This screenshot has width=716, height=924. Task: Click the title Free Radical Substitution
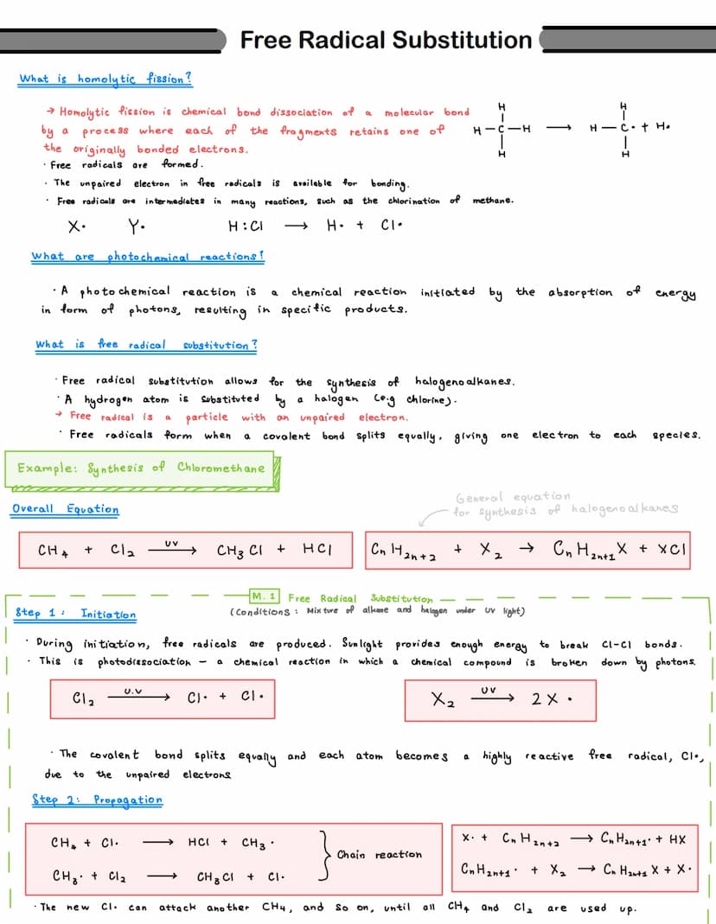tap(386, 40)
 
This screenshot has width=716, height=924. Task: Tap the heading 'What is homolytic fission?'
tap(105, 79)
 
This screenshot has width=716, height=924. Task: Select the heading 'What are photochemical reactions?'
tap(147, 257)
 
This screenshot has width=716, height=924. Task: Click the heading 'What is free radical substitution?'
tap(146, 345)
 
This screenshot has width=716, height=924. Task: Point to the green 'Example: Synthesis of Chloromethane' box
tap(142, 468)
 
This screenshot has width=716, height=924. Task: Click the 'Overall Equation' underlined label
tap(66, 509)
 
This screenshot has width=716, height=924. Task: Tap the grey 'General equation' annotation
tap(513, 497)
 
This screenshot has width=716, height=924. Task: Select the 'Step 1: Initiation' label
tap(76, 614)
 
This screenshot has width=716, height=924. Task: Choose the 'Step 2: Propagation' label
tap(97, 800)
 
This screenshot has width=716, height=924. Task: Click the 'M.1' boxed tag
tap(264, 596)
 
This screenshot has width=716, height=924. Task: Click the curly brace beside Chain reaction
tap(325, 855)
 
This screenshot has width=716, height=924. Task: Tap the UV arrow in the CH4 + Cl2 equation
tap(171, 548)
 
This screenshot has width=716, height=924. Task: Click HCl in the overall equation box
tap(318, 550)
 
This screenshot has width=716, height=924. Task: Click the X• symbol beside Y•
tap(76, 225)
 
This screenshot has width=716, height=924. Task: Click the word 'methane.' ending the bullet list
tap(493, 201)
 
